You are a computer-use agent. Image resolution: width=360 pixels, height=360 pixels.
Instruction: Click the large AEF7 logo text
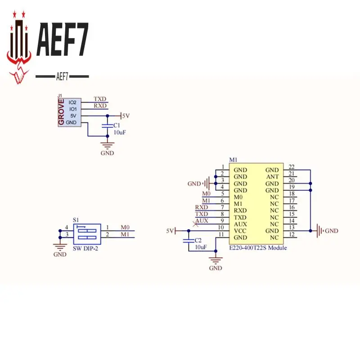62,40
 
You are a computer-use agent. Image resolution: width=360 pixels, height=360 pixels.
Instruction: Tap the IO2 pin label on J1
72,103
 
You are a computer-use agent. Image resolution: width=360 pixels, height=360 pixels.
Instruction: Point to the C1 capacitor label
117,125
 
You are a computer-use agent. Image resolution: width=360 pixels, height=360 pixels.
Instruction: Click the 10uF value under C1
119,132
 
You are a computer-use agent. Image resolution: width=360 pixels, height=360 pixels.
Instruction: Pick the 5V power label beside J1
126,116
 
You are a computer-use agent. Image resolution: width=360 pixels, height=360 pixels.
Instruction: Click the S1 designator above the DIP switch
76,220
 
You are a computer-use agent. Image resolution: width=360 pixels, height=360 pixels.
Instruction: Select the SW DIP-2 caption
85,248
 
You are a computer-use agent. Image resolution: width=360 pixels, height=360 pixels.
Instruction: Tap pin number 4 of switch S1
67,227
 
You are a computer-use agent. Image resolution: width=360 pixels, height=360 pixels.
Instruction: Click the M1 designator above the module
233,160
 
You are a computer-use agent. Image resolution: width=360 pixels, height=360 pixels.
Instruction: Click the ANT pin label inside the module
272,177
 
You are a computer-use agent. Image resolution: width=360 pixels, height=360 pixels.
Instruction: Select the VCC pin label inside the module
240,231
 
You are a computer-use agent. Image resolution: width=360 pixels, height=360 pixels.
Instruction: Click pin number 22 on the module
292,167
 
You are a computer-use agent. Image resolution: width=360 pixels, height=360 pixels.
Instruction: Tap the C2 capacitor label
198,241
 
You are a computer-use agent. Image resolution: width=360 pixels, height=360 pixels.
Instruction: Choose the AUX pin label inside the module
240,224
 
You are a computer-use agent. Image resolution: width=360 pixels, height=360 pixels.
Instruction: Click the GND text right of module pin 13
331,231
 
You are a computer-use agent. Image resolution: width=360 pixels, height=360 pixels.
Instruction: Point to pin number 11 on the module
220,234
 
